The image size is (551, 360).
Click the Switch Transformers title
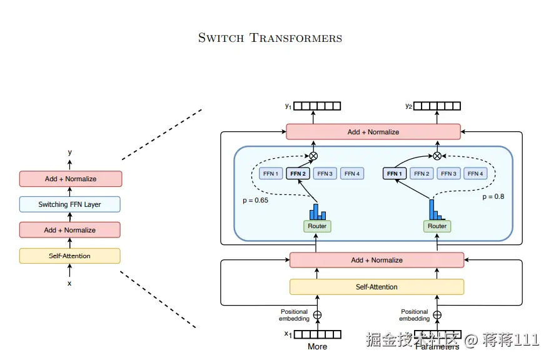(270, 37)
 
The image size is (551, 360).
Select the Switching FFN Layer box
(69, 204)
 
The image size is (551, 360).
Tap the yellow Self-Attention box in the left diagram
(69, 256)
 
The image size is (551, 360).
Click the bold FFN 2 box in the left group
(298, 173)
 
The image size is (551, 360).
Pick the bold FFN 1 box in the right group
(395, 173)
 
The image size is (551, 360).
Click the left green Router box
(317, 226)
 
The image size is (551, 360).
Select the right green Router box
(437, 226)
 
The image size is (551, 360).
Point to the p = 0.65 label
(255, 200)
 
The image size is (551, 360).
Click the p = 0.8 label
(493, 196)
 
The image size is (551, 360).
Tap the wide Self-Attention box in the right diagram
(377, 287)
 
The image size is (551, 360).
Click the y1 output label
(288, 106)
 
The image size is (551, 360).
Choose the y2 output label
(408, 106)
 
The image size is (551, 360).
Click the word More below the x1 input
(317, 346)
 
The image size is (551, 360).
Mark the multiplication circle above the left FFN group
(314, 156)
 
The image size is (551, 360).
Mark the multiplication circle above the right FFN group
(437, 156)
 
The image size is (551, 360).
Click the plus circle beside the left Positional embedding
(317, 315)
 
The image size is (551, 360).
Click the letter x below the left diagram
(69, 283)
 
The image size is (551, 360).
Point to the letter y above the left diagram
(69, 152)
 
